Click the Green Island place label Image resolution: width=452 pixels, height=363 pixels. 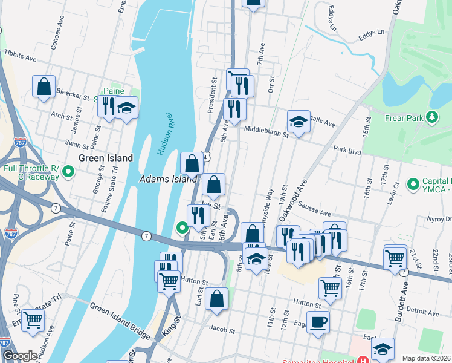click(x=106, y=158)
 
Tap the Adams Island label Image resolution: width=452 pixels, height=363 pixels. click(x=168, y=179)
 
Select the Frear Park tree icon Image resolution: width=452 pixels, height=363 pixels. click(x=432, y=116)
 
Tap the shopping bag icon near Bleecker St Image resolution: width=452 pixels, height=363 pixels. click(x=44, y=87)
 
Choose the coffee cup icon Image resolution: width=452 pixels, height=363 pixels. click(x=318, y=322)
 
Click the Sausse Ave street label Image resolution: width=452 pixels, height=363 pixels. click(x=314, y=209)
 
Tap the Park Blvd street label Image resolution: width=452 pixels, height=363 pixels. click(x=347, y=151)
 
